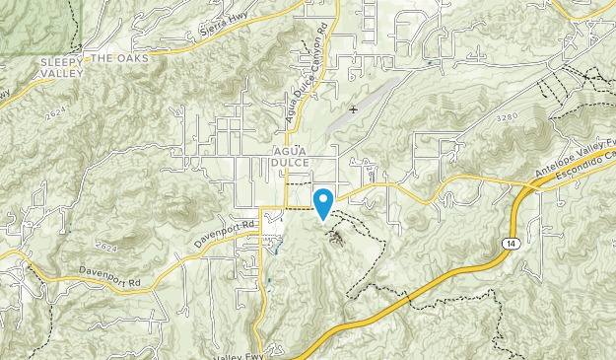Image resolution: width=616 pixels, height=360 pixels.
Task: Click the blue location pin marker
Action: click(322, 202)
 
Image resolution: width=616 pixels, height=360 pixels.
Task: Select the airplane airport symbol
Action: click(353, 109)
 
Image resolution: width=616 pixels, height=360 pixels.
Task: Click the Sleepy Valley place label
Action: click(63, 67)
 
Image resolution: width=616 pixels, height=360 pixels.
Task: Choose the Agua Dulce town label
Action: click(292, 155)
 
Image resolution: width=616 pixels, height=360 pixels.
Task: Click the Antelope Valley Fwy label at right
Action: click(570, 162)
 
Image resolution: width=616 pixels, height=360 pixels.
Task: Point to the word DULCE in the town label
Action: click(292, 161)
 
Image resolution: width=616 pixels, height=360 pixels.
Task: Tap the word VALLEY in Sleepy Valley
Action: click(63, 72)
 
